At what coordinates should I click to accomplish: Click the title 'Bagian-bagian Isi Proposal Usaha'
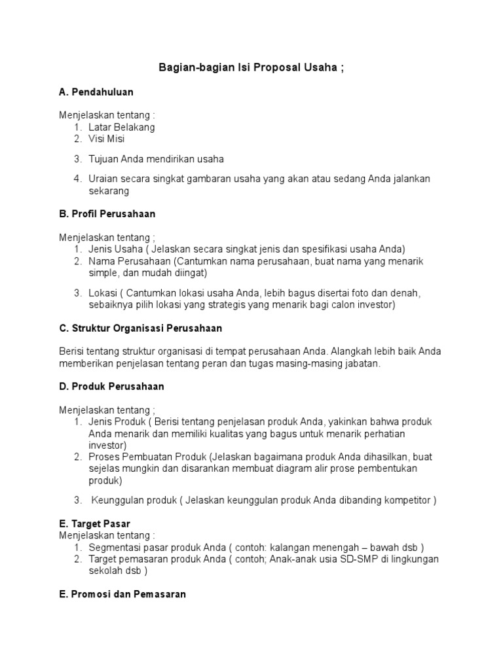click(x=251, y=68)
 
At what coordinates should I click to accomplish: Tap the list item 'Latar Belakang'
click(x=122, y=127)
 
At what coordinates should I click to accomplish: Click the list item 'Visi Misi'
click(x=106, y=139)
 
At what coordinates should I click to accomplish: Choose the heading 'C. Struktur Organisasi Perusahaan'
click(x=141, y=328)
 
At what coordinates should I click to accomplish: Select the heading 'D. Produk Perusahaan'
click(x=111, y=386)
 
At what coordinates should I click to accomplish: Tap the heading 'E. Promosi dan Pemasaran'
click(x=122, y=595)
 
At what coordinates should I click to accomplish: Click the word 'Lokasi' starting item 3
click(x=102, y=293)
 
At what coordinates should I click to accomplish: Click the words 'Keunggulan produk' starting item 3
click(x=134, y=501)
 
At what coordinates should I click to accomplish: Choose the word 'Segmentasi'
click(x=115, y=547)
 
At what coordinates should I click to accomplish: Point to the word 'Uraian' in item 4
click(x=103, y=179)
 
